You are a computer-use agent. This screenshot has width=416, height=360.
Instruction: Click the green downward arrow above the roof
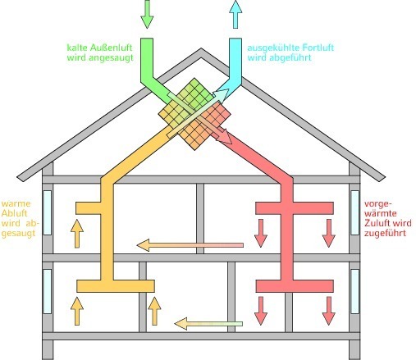tap(147, 14)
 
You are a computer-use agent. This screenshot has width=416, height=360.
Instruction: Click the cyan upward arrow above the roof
tap(235, 14)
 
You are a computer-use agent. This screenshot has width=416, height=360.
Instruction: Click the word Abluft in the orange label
tap(15, 213)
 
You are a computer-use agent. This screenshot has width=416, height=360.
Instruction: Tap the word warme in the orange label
tap(16, 203)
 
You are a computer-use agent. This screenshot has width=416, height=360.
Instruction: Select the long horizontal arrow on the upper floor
tap(190, 245)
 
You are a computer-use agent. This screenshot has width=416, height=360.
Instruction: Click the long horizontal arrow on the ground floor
tap(208, 324)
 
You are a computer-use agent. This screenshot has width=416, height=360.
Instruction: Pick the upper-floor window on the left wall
tap(48, 212)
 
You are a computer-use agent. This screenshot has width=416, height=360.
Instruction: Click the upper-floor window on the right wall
tap(355, 212)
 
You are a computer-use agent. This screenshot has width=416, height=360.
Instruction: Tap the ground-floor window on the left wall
tap(48, 291)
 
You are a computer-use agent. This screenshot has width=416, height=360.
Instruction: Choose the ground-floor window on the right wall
tap(355, 291)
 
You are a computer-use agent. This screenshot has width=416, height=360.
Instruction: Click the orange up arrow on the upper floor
tap(77, 234)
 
